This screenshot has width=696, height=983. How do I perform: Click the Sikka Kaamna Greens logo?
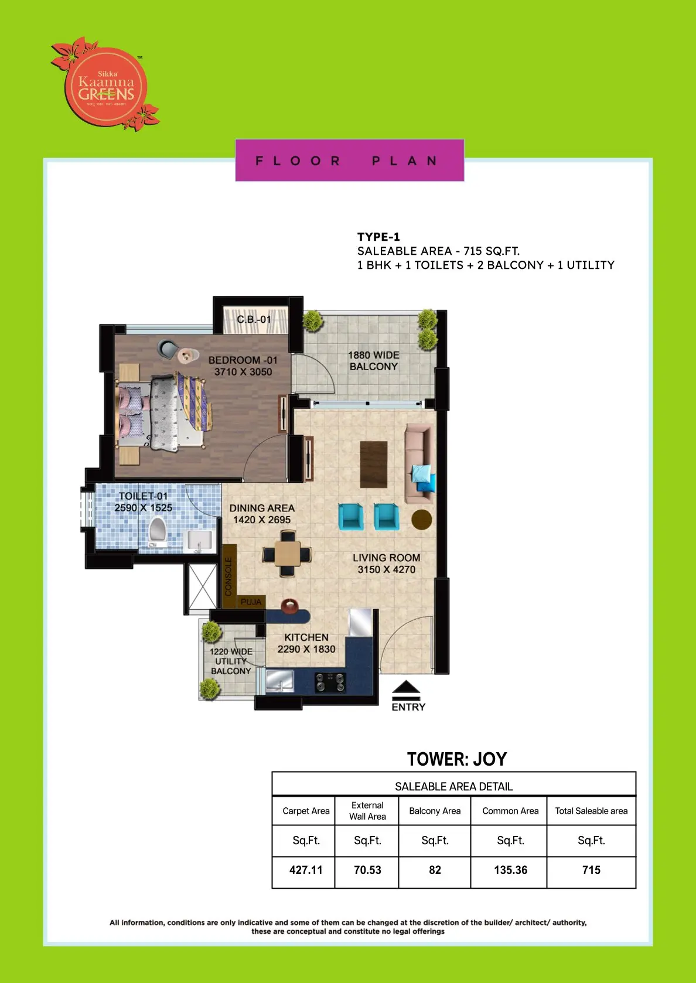click(105, 85)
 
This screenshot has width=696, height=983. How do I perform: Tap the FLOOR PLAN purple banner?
click(349, 161)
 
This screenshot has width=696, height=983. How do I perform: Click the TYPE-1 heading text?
click(378, 237)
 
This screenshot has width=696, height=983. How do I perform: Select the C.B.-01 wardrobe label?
click(254, 319)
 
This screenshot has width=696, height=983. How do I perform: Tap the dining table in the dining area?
click(287, 553)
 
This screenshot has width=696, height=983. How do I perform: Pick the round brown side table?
click(421, 519)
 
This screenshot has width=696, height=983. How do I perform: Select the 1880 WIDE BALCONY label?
click(373, 360)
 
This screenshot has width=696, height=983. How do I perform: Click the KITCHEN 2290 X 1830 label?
click(306, 643)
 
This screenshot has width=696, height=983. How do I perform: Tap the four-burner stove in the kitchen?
click(330, 681)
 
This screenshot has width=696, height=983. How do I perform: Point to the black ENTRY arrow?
click(407, 691)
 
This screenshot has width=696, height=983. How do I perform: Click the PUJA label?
click(251, 602)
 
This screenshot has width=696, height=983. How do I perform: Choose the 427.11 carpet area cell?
click(306, 870)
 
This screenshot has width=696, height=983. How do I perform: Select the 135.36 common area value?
click(510, 870)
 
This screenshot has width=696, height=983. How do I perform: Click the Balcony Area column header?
click(435, 811)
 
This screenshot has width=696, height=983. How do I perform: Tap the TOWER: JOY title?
click(457, 759)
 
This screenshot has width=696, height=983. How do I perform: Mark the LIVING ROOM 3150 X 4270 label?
click(386, 563)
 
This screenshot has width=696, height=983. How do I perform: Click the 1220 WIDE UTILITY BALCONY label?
click(231, 661)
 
